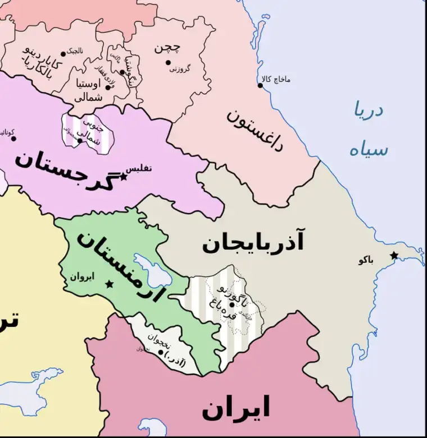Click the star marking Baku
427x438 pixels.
pyautogui.click(x=394, y=256)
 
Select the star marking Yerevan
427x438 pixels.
pyautogui.click(x=109, y=285)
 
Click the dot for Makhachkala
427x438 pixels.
pyautogui.click(x=261, y=85)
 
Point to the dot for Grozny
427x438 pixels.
pyautogui.click(x=168, y=62)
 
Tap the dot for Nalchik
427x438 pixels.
pyautogui.click(x=63, y=54)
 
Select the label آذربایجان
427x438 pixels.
pyautogui.click(x=253, y=243)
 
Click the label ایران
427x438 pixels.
pyautogui.click(x=236, y=408)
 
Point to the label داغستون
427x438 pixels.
pyautogui.click(x=256, y=129)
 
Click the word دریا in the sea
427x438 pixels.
pyautogui.click(x=368, y=109)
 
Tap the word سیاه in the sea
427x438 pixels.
pyautogui.click(x=368, y=150)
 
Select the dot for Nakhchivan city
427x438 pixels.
pyautogui.click(x=161, y=353)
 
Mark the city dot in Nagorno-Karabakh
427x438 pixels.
pyautogui.click(x=231, y=305)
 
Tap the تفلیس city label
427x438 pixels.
pyautogui.click(x=140, y=168)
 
